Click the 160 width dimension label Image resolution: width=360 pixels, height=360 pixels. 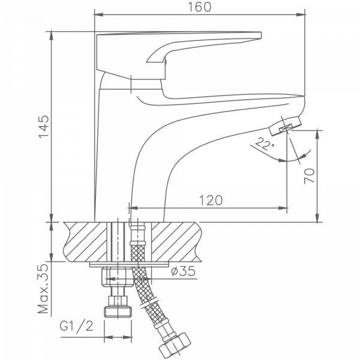click(200, 7)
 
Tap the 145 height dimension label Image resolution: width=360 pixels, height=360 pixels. click(44, 127)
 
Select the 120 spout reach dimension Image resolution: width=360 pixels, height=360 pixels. click(211, 200)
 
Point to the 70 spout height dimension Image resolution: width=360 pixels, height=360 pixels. click(309, 176)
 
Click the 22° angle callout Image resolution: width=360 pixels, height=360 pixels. click(265, 144)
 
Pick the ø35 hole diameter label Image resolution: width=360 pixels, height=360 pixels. click(183, 271)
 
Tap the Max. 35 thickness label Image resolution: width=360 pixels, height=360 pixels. click(43, 289)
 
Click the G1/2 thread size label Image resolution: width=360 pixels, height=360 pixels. click(77, 326)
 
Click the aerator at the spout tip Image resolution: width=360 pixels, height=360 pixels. click(285, 125)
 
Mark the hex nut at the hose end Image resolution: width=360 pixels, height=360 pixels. click(175, 346)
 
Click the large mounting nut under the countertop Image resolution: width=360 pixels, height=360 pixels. click(118, 277)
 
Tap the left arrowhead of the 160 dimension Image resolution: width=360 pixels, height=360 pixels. click(99, 14)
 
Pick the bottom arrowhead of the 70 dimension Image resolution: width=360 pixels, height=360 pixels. click(317, 218)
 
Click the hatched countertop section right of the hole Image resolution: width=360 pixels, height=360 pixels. click(176, 242)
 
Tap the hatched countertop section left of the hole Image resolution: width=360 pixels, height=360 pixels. click(85, 242)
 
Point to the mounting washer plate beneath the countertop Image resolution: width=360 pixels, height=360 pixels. click(129, 264)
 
